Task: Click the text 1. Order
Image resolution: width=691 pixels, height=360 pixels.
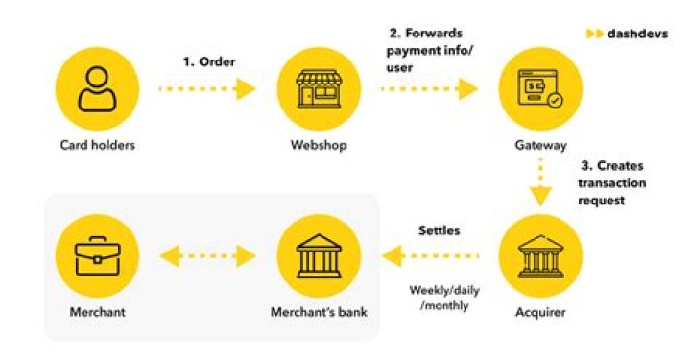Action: (x=209, y=61)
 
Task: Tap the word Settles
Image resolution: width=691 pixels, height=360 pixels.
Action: (x=439, y=231)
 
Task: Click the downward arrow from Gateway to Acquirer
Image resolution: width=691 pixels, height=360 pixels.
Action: (x=541, y=182)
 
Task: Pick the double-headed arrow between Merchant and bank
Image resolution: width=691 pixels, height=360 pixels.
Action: (x=206, y=256)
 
